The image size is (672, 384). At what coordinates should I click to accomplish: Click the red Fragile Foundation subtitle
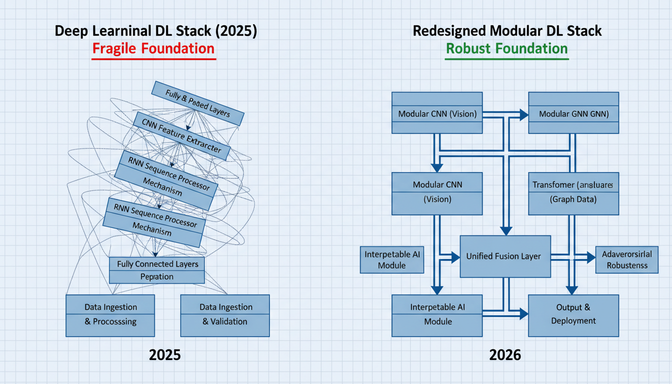153,49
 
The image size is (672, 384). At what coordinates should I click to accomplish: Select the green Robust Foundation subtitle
506,49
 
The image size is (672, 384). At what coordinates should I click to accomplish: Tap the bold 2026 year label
504,355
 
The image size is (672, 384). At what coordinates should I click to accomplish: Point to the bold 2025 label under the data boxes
164,355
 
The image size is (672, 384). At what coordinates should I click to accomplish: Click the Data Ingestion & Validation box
224,315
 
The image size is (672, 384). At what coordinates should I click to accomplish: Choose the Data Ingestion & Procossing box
110,315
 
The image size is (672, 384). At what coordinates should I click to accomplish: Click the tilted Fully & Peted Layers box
197,103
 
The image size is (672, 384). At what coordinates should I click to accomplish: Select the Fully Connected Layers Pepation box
156,270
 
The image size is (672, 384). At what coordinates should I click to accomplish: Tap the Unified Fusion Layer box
505,256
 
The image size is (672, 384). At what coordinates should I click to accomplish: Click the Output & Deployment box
573,315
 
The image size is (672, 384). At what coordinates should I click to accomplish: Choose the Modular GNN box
573,113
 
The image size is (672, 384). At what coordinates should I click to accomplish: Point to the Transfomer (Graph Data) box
573,193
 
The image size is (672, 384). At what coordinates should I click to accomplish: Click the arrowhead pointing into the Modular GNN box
524,115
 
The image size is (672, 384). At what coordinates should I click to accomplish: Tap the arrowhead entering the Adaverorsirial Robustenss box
591,257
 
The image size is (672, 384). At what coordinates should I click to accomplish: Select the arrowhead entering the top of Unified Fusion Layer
506,230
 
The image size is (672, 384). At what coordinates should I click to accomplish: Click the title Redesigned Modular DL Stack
507,31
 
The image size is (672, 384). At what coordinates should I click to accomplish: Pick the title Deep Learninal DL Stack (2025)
155,31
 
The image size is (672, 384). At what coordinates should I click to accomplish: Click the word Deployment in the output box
573,321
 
